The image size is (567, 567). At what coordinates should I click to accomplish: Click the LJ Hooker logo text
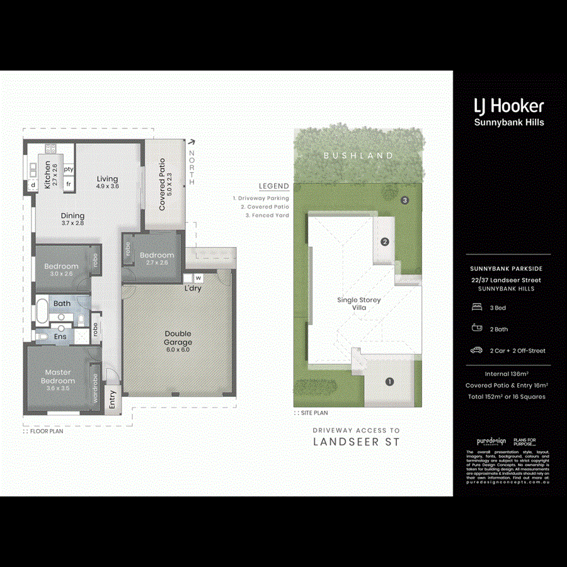click(508, 105)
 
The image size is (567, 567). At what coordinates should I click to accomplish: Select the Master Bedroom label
click(58, 376)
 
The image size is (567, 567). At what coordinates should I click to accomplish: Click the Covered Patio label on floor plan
click(162, 184)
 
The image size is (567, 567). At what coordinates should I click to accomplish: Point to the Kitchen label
click(47, 175)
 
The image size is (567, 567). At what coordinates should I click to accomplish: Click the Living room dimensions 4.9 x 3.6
click(107, 186)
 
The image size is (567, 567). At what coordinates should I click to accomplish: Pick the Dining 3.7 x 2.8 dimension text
click(72, 223)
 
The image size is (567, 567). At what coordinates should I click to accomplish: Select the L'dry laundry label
click(193, 289)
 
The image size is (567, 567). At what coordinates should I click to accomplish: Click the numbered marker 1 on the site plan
click(389, 381)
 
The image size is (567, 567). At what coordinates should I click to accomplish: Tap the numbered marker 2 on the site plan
click(384, 241)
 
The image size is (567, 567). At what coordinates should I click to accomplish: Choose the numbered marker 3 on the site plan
click(405, 200)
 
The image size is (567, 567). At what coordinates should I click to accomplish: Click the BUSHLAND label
click(358, 155)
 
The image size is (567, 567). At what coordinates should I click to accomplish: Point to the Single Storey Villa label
click(358, 304)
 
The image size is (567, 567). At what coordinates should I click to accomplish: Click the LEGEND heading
click(273, 186)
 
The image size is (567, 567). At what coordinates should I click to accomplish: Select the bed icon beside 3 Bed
click(477, 307)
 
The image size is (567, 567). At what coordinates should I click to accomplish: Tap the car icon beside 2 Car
click(477, 350)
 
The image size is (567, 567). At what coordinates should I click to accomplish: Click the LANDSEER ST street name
click(356, 442)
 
